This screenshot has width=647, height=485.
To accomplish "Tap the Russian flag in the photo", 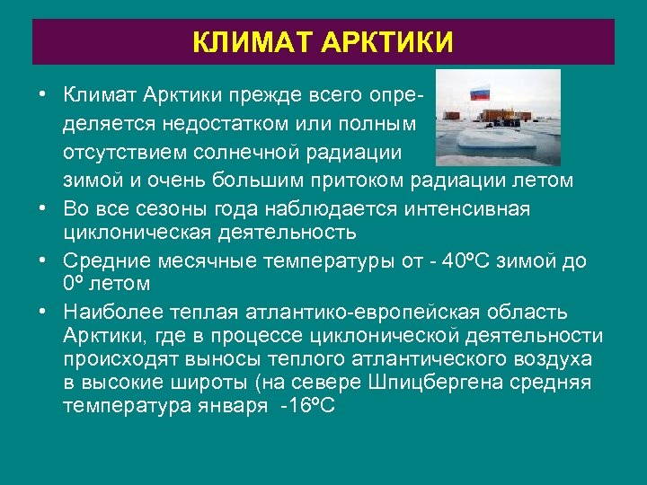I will pyautogui.click(x=480, y=92).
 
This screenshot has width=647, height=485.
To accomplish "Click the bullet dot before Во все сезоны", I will pyautogui.click(x=42, y=208).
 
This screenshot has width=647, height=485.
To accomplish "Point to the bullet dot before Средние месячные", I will pyautogui.click(x=42, y=260).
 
